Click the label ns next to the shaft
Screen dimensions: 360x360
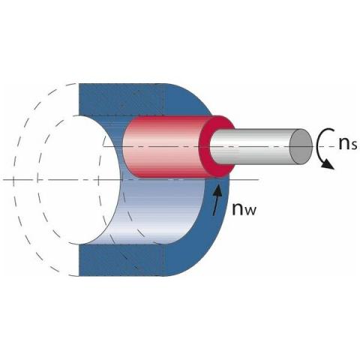[348, 144]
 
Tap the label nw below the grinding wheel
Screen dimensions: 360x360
[244, 209]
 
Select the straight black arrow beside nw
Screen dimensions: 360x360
[217, 199]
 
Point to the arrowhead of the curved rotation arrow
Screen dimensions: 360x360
[329, 165]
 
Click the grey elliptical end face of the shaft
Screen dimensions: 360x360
[301, 146]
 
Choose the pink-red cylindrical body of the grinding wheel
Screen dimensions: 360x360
[163, 147]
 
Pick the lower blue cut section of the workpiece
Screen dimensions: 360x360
[125, 260]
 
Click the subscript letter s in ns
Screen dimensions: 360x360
[354, 145]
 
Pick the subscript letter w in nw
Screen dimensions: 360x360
[250, 211]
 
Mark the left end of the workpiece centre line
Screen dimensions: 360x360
[3, 180]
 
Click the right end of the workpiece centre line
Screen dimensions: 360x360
[258, 180]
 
